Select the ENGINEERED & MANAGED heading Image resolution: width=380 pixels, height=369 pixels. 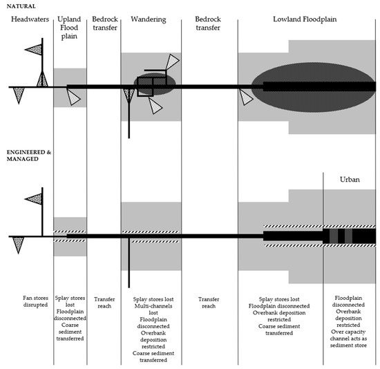tap(26, 150)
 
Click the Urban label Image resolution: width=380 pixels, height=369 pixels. tap(349, 178)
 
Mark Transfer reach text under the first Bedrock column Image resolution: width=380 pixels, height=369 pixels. tap(104, 302)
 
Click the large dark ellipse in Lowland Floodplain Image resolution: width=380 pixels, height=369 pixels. tap(304, 87)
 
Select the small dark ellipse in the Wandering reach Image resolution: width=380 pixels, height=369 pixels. tap(154, 85)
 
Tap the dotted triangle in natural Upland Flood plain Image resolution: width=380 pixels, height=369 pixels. tap(73, 99)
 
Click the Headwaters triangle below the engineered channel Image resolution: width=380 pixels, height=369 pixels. tap(19, 244)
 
